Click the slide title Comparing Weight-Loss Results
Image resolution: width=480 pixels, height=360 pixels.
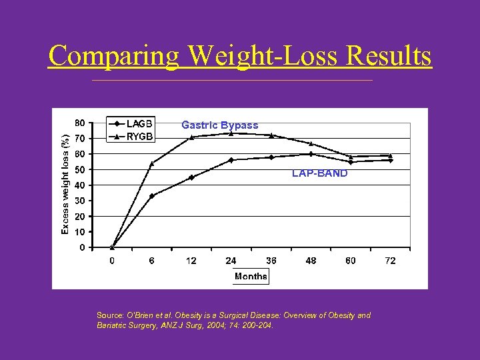(x=240, y=56)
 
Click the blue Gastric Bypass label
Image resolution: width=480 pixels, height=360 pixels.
(x=219, y=125)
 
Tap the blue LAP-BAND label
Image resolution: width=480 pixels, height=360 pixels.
(x=319, y=173)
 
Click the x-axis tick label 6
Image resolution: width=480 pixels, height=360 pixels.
(x=152, y=261)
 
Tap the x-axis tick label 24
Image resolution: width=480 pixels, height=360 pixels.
(x=231, y=261)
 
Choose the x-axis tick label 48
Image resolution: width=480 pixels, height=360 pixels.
(x=311, y=261)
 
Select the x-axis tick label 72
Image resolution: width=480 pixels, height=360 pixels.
(x=390, y=261)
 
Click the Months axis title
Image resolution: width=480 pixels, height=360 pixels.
(x=251, y=277)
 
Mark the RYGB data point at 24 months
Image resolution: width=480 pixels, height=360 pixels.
(x=231, y=133)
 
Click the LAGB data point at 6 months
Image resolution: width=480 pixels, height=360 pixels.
(x=152, y=196)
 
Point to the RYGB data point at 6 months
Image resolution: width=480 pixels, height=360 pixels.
(x=152, y=163)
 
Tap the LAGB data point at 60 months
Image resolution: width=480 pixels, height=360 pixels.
(x=351, y=162)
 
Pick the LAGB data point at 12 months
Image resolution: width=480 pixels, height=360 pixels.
(x=191, y=177)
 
